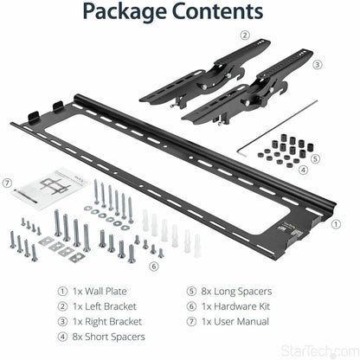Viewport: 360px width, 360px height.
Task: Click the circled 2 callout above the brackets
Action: pos(245,35)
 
